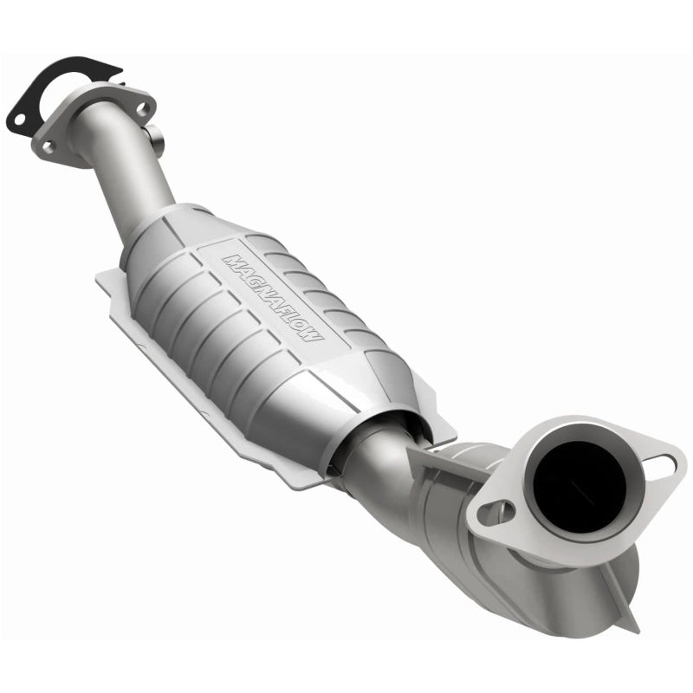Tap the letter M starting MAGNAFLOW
[233, 258]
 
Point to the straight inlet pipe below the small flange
[130, 182]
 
